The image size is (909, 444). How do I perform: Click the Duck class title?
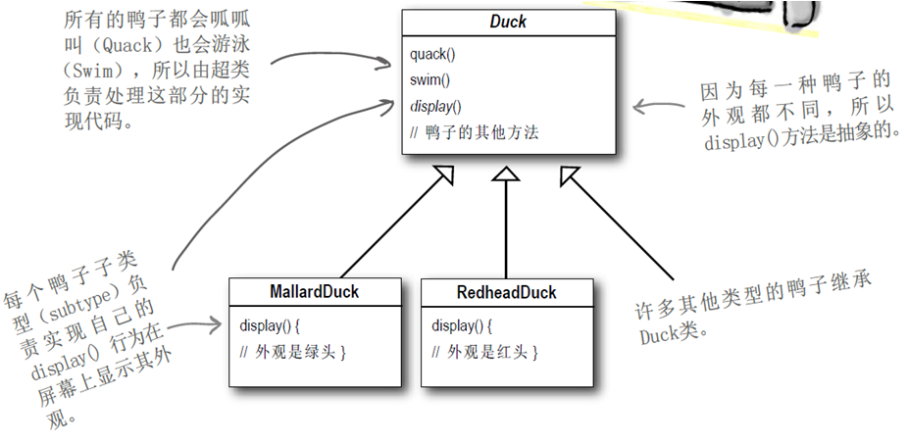[x=508, y=23]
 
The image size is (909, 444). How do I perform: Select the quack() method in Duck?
[x=432, y=54]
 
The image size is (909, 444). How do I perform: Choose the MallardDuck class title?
[x=314, y=292]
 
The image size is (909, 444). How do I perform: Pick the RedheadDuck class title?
[x=506, y=292]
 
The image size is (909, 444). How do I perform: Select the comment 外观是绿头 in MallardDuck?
[x=294, y=351]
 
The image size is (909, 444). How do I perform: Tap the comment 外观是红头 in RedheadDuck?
[x=486, y=351]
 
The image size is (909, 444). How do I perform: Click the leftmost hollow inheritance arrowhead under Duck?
[x=443, y=175]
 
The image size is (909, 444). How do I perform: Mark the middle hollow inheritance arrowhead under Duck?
[x=505, y=175]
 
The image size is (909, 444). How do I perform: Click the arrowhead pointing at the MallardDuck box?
[x=218, y=324]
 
